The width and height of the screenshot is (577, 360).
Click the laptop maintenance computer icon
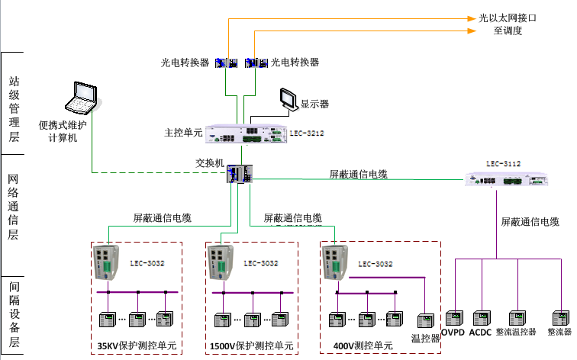coord(82,98)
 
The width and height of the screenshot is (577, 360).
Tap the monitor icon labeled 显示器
coord(288,99)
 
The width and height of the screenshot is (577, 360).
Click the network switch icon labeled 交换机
coord(238,175)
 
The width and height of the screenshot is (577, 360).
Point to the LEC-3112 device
coord(508,181)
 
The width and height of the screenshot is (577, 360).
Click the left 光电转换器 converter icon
coord(227,63)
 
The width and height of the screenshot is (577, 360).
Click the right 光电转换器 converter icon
coord(255,63)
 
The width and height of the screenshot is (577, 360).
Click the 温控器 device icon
coord(425,320)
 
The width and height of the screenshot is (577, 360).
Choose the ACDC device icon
coord(482,318)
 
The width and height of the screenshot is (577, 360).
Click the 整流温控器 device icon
coord(517,318)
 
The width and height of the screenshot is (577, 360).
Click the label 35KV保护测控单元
coord(137,346)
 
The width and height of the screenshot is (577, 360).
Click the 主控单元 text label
coord(183,133)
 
